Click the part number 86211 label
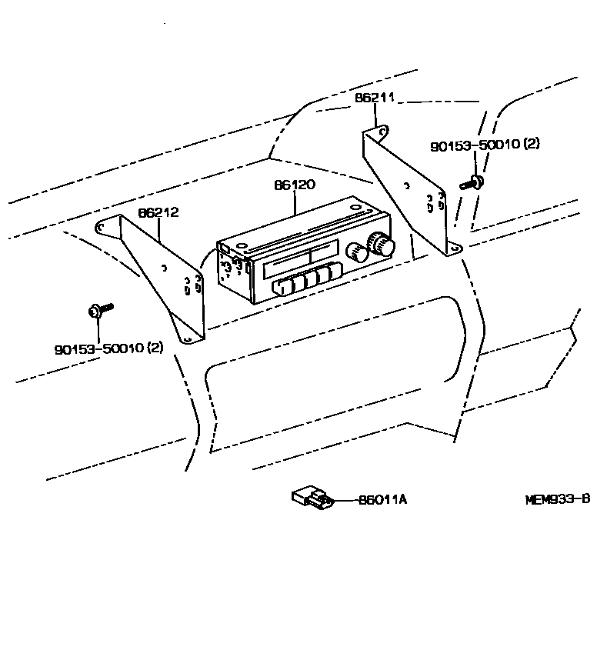375,98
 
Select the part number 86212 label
158,212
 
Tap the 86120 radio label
295,185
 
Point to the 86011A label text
382,500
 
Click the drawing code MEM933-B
558,498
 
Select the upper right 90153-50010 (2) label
485,145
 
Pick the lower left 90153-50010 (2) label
109,348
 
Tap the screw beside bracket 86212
99,310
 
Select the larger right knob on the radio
380,245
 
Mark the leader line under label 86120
295,202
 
